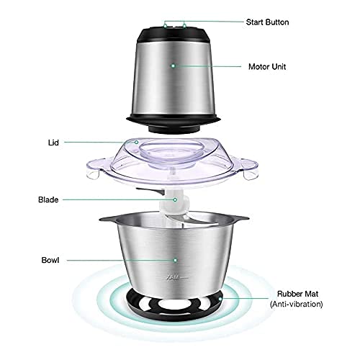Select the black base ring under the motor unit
173,117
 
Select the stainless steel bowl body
173,259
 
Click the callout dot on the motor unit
173,65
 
